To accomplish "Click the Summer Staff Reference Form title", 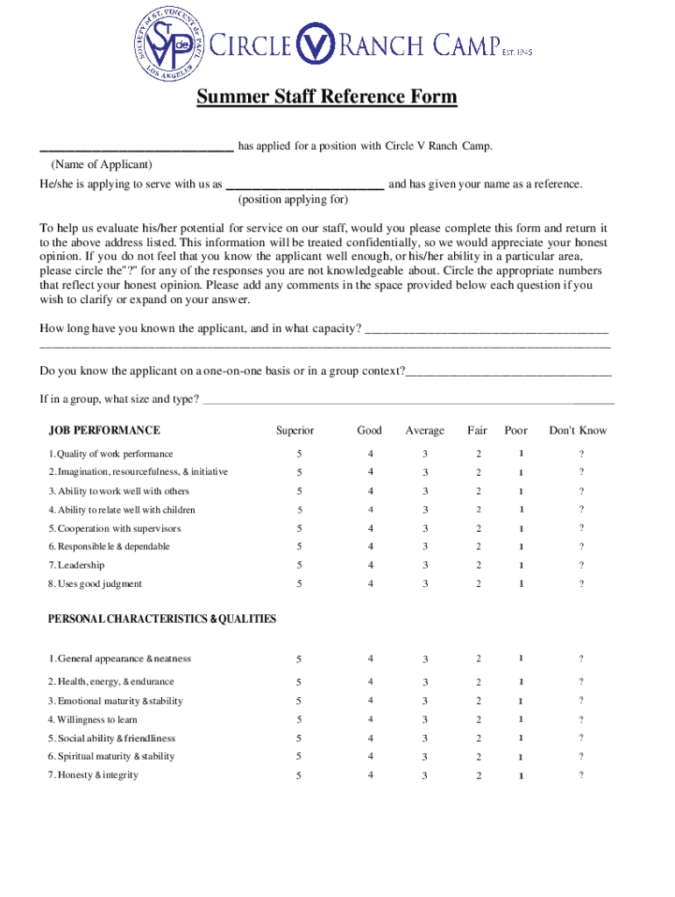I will pyautogui.click(x=326, y=96).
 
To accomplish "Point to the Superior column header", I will pyautogui.click(x=295, y=430).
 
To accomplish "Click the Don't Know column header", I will pyautogui.click(x=578, y=430).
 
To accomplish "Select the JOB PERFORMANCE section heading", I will pyautogui.click(x=104, y=430).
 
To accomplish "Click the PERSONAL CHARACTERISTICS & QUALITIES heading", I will pyautogui.click(x=162, y=618).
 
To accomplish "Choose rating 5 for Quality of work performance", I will pyautogui.click(x=299, y=454).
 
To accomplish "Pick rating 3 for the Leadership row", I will pyautogui.click(x=425, y=566).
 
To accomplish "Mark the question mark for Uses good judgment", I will pyautogui.click(x=580, y=584).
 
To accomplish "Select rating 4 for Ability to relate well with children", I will pyautogui.click(x=371, y=510).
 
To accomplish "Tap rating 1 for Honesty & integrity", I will pyautogui.click(x=521, y=776).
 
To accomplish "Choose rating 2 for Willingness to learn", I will pyautogui.click(x=479, y=720).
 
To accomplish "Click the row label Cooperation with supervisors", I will pyautogui.click(x=115, y=528).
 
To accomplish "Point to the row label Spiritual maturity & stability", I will pyautogui.click(x=111, y=756).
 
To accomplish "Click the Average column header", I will pyautogui.click(x=424, y=430).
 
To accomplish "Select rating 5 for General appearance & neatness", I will pyautogui.click(x=299, y=660).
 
